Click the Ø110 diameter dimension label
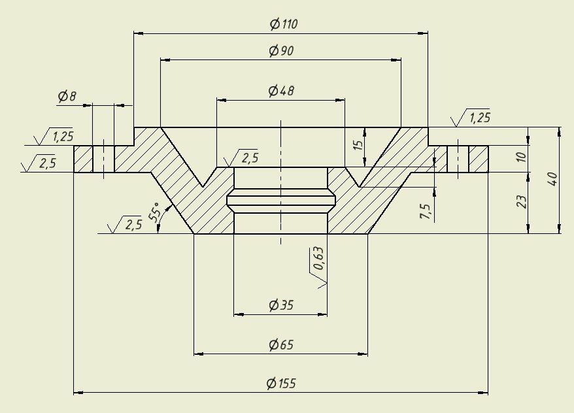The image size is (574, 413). coord(284,24)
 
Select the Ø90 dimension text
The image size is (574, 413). coord(281,50)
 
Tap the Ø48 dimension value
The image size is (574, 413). coord(280,90)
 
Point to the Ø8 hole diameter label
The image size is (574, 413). coord(67,96)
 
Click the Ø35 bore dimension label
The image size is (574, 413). coord(280,305)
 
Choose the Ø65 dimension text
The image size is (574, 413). coord(280,344)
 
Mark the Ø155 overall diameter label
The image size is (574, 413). coord(281,384)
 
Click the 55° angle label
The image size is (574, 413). coord(155,212)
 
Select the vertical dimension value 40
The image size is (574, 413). coord(553,179)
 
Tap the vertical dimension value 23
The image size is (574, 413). coord(521,202)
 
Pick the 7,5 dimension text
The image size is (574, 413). coord(426,212)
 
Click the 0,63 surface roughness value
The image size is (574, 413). coord(318,258)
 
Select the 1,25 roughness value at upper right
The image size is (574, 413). coord(480,118)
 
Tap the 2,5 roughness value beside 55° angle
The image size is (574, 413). coord(133,224)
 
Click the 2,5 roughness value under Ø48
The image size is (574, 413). coord(250,157)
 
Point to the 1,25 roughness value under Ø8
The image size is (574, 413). coord(63,137)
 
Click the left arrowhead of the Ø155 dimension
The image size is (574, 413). coord(78,393)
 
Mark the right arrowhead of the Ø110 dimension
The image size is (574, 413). coord(423,33)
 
